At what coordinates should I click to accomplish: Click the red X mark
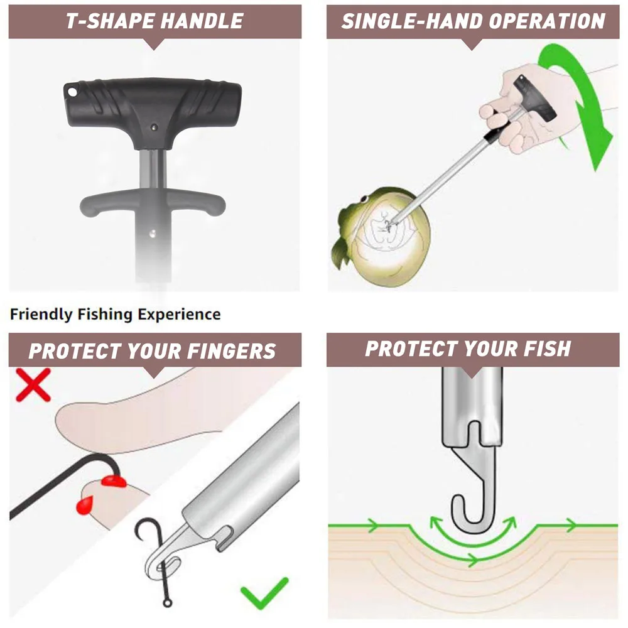[x=33, y=384]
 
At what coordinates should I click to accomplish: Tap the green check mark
[x=264, y=593]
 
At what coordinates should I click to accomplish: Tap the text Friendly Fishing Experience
[x=116, y=314]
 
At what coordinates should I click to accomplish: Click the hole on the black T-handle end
[x=72, y=92]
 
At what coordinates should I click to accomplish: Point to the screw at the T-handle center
[x=154, y=126]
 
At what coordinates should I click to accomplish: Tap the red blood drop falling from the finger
[x=84, y=505]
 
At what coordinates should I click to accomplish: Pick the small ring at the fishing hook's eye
[x=167, y=604]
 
